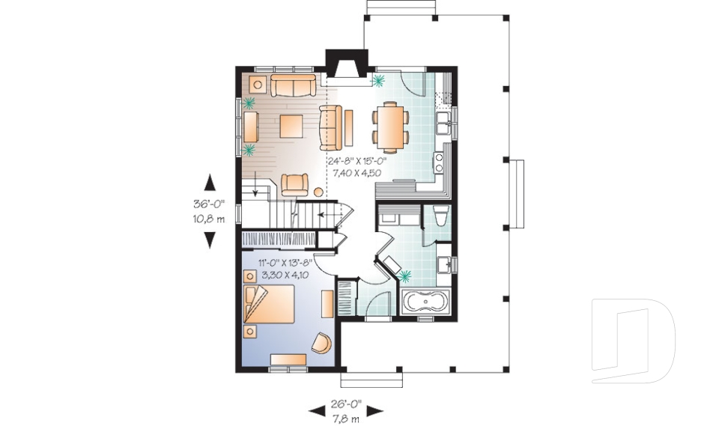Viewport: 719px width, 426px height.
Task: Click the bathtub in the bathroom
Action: [426, 302]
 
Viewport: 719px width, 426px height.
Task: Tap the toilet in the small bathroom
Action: [441, 216]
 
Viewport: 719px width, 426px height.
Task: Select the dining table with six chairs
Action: [390, 128]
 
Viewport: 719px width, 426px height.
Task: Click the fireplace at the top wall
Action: [347, 64]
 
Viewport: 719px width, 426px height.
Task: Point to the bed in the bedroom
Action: [269, 304]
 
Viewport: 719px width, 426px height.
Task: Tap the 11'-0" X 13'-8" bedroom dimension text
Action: [285, 263]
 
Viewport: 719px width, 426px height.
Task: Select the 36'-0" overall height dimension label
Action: [209, 204]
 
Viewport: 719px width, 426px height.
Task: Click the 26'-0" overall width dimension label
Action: [346, 404]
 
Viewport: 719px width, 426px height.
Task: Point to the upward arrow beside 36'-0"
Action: [210, 183]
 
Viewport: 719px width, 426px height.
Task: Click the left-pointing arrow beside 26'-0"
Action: [316, 411]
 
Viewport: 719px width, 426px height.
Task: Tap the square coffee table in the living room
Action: [291, 126]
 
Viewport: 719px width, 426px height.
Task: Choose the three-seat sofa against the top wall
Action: [293, 85]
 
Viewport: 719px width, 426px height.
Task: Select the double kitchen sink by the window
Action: [443, 123]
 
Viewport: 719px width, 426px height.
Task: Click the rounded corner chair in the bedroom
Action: [322, 343]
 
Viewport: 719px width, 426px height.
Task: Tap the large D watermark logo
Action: [634, 341]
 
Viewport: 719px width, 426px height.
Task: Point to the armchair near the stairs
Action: [294, 184]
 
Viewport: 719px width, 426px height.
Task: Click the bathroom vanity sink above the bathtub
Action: [444, 265]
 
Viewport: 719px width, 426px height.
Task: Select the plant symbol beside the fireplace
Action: [379, 81]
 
